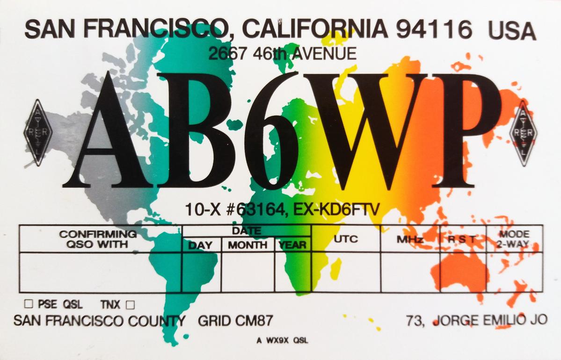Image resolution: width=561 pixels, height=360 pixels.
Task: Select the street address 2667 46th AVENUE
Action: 283,54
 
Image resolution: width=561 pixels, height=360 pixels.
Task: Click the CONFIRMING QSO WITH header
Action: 98,238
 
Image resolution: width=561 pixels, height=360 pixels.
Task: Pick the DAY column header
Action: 200,245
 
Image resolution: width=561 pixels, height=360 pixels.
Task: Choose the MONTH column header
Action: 247,245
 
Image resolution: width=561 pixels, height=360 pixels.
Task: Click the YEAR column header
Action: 292,245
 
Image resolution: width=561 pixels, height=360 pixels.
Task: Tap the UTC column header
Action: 346,239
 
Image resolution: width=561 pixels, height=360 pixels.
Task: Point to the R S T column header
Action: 462,239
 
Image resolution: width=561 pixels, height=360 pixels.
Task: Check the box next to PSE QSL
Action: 28,304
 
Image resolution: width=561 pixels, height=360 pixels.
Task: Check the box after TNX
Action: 130,305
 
